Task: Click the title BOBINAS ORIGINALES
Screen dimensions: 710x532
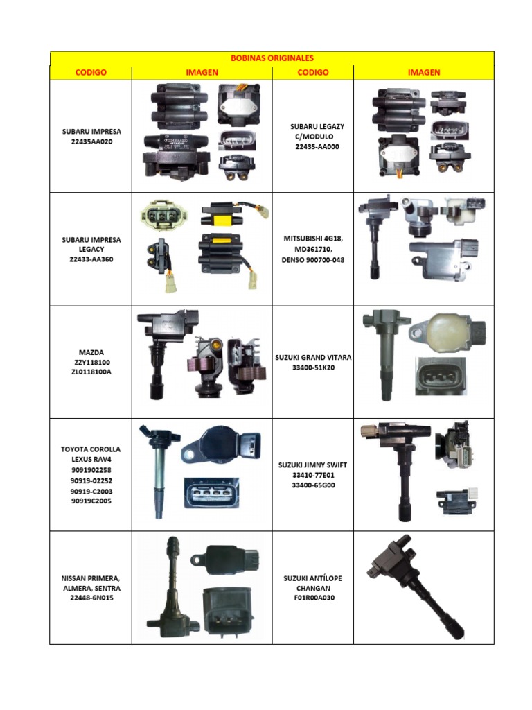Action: [272, 58]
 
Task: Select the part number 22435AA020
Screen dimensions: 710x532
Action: [90, 141]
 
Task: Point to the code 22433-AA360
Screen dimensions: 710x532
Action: [90, 259]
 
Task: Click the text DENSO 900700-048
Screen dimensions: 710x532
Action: [312, 259]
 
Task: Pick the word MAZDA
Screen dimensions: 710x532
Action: [90, 352]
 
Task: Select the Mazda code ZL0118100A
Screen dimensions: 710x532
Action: [90, 372]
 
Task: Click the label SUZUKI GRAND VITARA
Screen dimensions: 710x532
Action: [312, 358]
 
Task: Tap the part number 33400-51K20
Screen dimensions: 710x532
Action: [313, 367]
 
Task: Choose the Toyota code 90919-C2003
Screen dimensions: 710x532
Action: [90, 491]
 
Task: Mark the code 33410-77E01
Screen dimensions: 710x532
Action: [313, 476]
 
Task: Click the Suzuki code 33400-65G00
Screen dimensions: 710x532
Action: [313, 485]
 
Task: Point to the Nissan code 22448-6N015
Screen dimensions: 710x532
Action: [90, 598]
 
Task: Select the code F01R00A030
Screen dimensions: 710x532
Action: [313, 598]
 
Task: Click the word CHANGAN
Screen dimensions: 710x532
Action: [313, 588]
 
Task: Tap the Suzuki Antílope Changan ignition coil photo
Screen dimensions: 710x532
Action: [416, 586]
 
